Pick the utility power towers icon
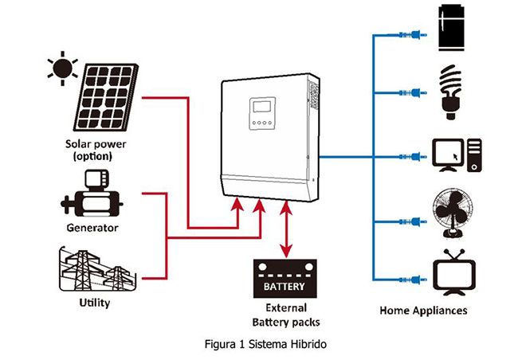94,271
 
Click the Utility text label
94,303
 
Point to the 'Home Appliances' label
424,311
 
